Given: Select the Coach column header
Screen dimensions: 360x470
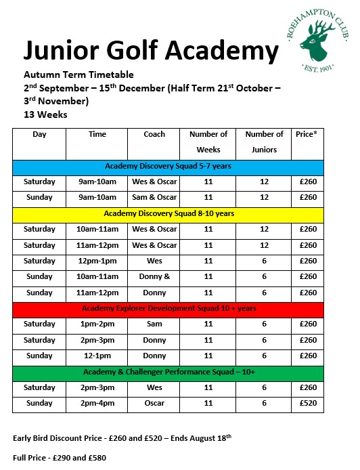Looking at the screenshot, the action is pos(154,134).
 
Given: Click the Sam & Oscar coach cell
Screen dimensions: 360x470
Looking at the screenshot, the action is pos(154,198).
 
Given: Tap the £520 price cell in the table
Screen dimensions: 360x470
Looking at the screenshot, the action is pos(308,404).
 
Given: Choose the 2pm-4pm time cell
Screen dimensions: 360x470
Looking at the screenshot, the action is pos(97,404).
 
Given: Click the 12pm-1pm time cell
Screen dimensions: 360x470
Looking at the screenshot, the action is pos(97,261).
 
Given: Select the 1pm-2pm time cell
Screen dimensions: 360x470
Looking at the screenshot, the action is pos(97,324).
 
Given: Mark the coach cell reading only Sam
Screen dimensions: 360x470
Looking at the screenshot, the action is pos(154,324).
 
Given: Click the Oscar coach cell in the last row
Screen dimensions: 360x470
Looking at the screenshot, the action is pos(154,404).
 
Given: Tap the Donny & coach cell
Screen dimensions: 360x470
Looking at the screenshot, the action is pos(154,277).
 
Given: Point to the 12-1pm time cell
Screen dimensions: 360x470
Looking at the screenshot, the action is pos(97,356).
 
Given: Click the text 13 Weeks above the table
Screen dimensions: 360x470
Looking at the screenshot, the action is pos(45,114).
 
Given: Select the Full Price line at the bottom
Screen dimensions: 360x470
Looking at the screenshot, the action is pos(60,458).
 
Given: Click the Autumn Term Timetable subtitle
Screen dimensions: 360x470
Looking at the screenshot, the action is pos(78,74).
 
